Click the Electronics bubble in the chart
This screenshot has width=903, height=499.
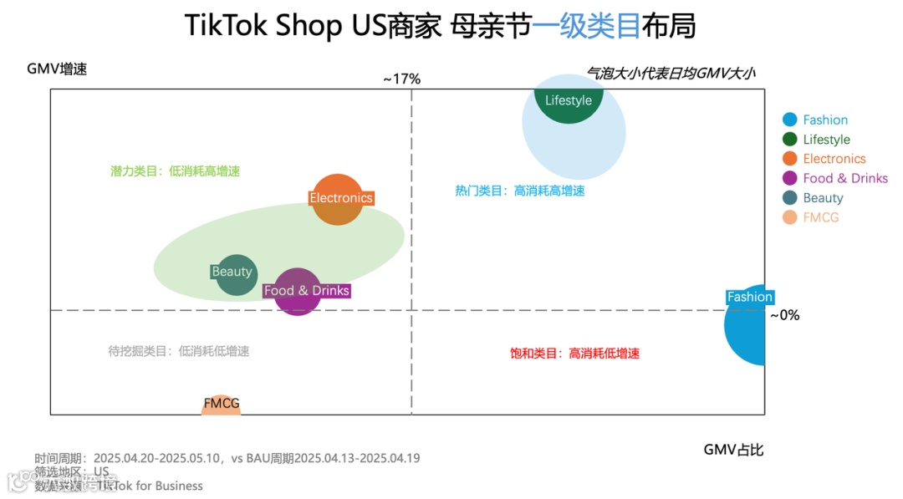click(337, 199)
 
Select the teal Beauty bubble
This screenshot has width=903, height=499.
click(236, 273)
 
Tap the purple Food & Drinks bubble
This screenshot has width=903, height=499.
click(298, 292)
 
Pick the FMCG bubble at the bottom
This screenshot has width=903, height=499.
click(221, 405)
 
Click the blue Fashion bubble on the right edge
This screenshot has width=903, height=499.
click(747, 323)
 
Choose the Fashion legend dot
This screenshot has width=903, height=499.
click(789, 120)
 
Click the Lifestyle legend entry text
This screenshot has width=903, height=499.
click(826, 140)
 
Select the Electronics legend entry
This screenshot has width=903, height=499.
click(834, 159)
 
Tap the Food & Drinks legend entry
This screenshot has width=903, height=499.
click(844, 178)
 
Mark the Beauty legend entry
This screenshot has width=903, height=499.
click(823, 198)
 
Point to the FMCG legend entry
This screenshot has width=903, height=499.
click(820, 217)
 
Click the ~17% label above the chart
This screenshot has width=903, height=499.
click(401, 79)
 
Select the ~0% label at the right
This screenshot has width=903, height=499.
click(784, 315)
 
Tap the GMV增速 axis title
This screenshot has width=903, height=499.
click(57, 69)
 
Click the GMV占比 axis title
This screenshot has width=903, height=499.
click(733, 450)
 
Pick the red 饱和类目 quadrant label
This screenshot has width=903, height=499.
click(574, 354)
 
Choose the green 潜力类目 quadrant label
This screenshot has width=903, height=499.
click(175, 171)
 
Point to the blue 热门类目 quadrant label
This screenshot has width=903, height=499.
click(519, 191)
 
